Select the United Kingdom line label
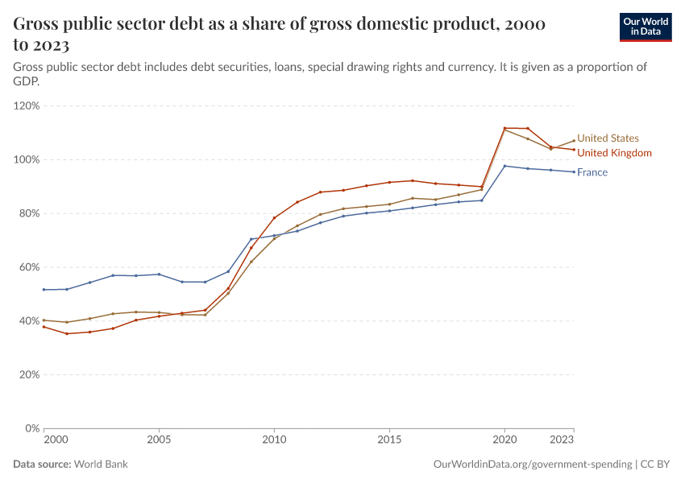[614, 153]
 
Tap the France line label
[592, 172]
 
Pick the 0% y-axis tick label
[32, 428]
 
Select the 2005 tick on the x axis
[159, 441]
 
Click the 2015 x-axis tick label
[389, 441]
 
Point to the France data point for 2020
[504, 166]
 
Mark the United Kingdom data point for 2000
[44, 327]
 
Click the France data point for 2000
[44, 290]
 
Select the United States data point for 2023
[574, 141]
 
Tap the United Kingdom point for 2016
[413, 180]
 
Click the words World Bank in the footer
[101, 464]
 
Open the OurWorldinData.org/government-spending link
[532, 464]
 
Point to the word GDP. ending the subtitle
[27, 82]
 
